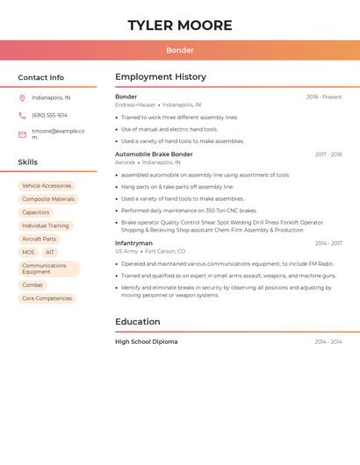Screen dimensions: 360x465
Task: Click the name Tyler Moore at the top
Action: tap(180, 25)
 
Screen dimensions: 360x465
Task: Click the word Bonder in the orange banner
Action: tap(180, 50)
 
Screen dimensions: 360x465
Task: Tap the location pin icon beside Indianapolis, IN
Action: tap(22, 98)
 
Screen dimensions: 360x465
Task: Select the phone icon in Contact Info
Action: tap(22, 115)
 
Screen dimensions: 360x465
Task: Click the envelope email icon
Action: tap(22, 134)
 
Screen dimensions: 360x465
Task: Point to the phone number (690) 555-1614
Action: tap(49, 115)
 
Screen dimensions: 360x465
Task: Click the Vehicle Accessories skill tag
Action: tap(47, 186)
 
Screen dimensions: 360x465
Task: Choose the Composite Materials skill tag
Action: tap(48, 199)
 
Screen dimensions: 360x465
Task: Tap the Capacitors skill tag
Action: tap(36, 212)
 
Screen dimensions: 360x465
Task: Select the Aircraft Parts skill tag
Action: tap(39, 239)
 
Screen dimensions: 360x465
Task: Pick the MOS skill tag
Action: tap(28, 252)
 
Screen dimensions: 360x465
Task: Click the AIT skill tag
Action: tap(50, 252)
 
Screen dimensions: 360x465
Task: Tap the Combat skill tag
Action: tap(32, 285)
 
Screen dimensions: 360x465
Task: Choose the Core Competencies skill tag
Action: tap(47, 298)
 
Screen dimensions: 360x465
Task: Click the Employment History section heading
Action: tap(161, 77)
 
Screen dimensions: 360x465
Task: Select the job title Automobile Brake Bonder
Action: tap(154, 154)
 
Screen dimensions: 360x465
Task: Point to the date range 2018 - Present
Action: tap(324, 97)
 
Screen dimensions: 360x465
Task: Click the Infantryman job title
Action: tap(133, 243)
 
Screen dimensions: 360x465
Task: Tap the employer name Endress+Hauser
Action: tap(135, 104)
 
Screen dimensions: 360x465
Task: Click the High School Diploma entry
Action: tap(146, 342)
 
